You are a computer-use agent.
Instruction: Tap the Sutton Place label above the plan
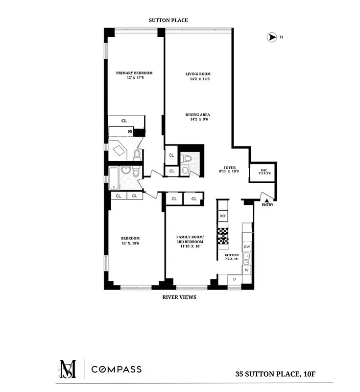pos(168,20)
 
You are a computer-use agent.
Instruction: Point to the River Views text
pos(179,297)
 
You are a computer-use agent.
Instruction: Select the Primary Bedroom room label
pos(130,73)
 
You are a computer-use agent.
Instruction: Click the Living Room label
pos(198,74)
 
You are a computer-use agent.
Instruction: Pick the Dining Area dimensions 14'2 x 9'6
pos(198,119)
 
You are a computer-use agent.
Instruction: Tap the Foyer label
pos(230,168)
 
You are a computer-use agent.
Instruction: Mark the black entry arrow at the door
pos(267,199)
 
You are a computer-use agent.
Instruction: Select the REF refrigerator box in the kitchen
pos(223,216)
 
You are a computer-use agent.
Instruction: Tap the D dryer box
pos(234,279)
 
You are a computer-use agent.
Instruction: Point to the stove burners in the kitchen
pos(223,236)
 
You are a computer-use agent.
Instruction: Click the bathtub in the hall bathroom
pos(114,178)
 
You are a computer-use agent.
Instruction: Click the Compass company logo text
pos(116,369)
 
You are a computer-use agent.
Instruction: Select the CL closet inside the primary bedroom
pos(124,121)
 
